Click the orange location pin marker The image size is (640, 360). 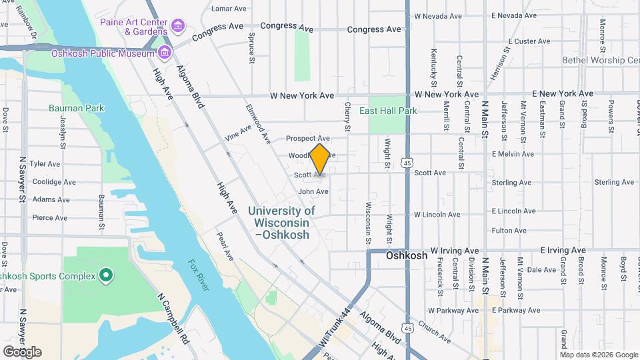pyautogui.click(x=320, y=159)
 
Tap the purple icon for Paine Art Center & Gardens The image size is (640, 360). pyautogui.click(x=177, y=27)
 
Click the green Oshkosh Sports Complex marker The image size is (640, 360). pyautogui.click(x=105, y=275)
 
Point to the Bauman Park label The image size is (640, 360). pyautogui.click(x=76, y=107)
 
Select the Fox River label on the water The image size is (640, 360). pyautogui.click(x=197, y=275)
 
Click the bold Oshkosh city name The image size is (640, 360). pyautogui.click(x=407, y=255)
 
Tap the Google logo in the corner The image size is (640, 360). pyautogui.click(x=22, y=351)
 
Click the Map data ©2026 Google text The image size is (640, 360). pyautogui.click(x=599, y=355)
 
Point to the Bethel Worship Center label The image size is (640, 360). pyautogui.click(x=600, y=60)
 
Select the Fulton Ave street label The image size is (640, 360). pyautogui.click(x=510, y=231)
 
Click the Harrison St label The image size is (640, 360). pyautogui.click(x=499, y=63)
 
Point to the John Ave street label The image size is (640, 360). pyautogui.click(x=313, y=191)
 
